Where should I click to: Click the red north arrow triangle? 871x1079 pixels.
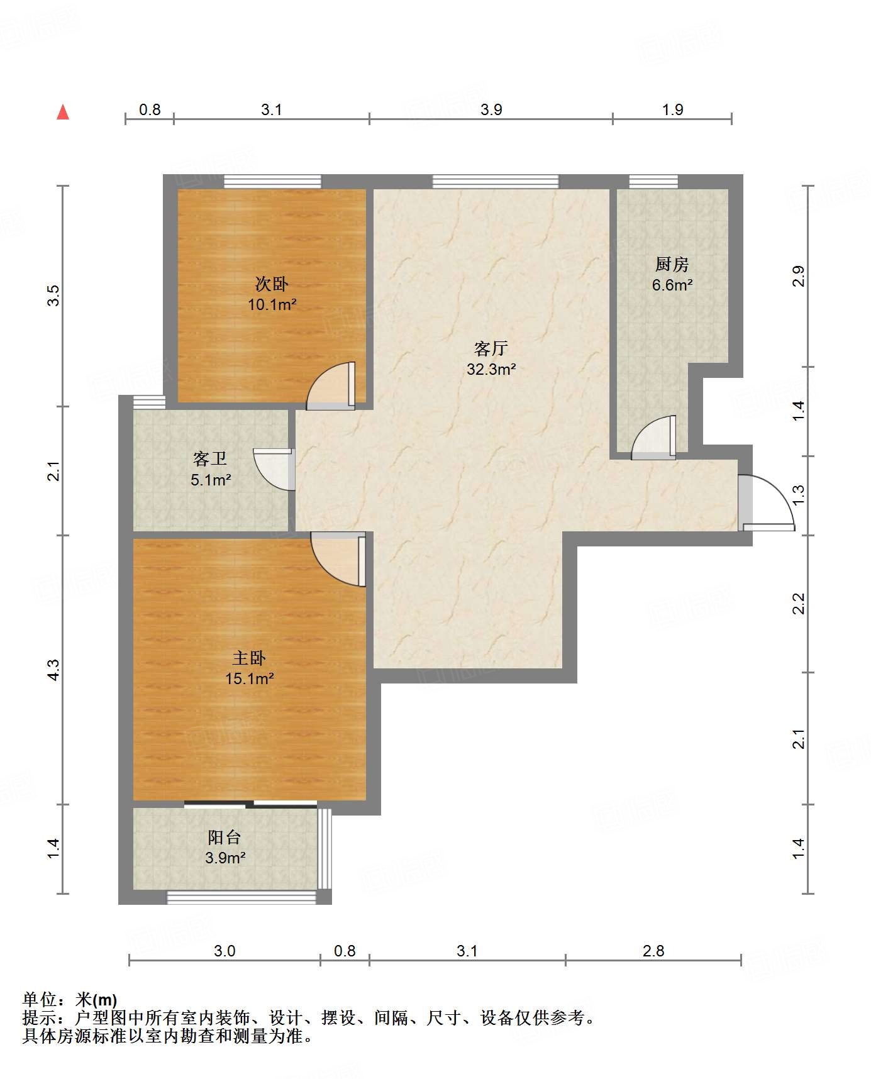coord(63,112)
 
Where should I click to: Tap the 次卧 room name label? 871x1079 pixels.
coord(272,284)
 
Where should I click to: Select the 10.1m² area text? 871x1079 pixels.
coord(272,305)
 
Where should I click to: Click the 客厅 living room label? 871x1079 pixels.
coord(491,348)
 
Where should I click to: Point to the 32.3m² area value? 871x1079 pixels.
coord(491,369)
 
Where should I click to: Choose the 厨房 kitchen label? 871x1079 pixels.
coord(672,264)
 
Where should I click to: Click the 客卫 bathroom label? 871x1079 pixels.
coord(210,458)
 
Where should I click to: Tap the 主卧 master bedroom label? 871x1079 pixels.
coord(249,658)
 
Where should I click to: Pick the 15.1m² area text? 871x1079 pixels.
coord(249,679)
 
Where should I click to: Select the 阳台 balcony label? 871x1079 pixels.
coord(225,837)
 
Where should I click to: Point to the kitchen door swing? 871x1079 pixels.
coord(654,438)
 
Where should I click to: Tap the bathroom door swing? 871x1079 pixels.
coord(274,469)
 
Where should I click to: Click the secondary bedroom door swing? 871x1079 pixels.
coord(331,386)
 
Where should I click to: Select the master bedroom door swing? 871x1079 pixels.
coord(338,560)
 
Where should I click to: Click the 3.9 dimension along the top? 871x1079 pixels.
coord(491,109)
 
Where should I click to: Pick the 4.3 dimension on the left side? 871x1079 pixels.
coord(53,669)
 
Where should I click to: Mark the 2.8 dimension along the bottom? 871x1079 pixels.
coord(653,951)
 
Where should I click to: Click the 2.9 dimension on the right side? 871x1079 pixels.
coord(798,277)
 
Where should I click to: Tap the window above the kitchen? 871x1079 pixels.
coord(653,181)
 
